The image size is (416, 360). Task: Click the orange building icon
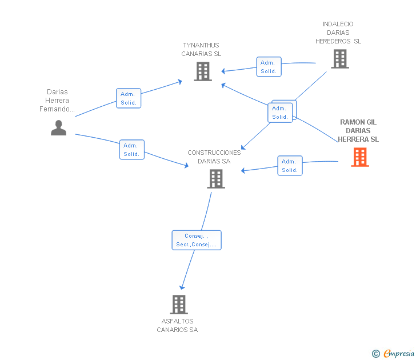(360, 157)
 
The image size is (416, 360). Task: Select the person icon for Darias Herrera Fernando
(58, 128)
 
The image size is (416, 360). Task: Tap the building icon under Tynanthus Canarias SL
(203, 71)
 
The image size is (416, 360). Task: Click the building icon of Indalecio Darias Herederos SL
(340, 59)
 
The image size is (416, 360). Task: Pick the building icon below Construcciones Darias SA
(216, 179)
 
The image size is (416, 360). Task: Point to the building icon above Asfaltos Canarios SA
(179, 305)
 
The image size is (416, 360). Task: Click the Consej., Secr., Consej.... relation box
(197, 240)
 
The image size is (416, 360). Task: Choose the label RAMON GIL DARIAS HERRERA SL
(358, 130)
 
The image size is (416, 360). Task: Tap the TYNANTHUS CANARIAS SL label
(201, 49)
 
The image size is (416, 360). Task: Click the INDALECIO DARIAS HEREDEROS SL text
(338, 33)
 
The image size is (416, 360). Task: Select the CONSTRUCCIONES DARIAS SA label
(214, 157)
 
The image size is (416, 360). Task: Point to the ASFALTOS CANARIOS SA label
(177, 325)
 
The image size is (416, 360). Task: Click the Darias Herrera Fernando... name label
(57, 100)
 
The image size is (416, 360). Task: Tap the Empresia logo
(399, 353)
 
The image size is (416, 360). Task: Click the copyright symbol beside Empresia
(375, 354)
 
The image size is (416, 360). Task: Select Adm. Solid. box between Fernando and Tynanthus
(129, 98)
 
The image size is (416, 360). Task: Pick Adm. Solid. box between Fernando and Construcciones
(132, 150)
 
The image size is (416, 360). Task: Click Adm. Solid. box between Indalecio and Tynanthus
(269, 67)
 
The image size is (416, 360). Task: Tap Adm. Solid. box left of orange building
(290, 166)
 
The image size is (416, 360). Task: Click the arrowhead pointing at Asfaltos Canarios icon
(182, 287)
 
